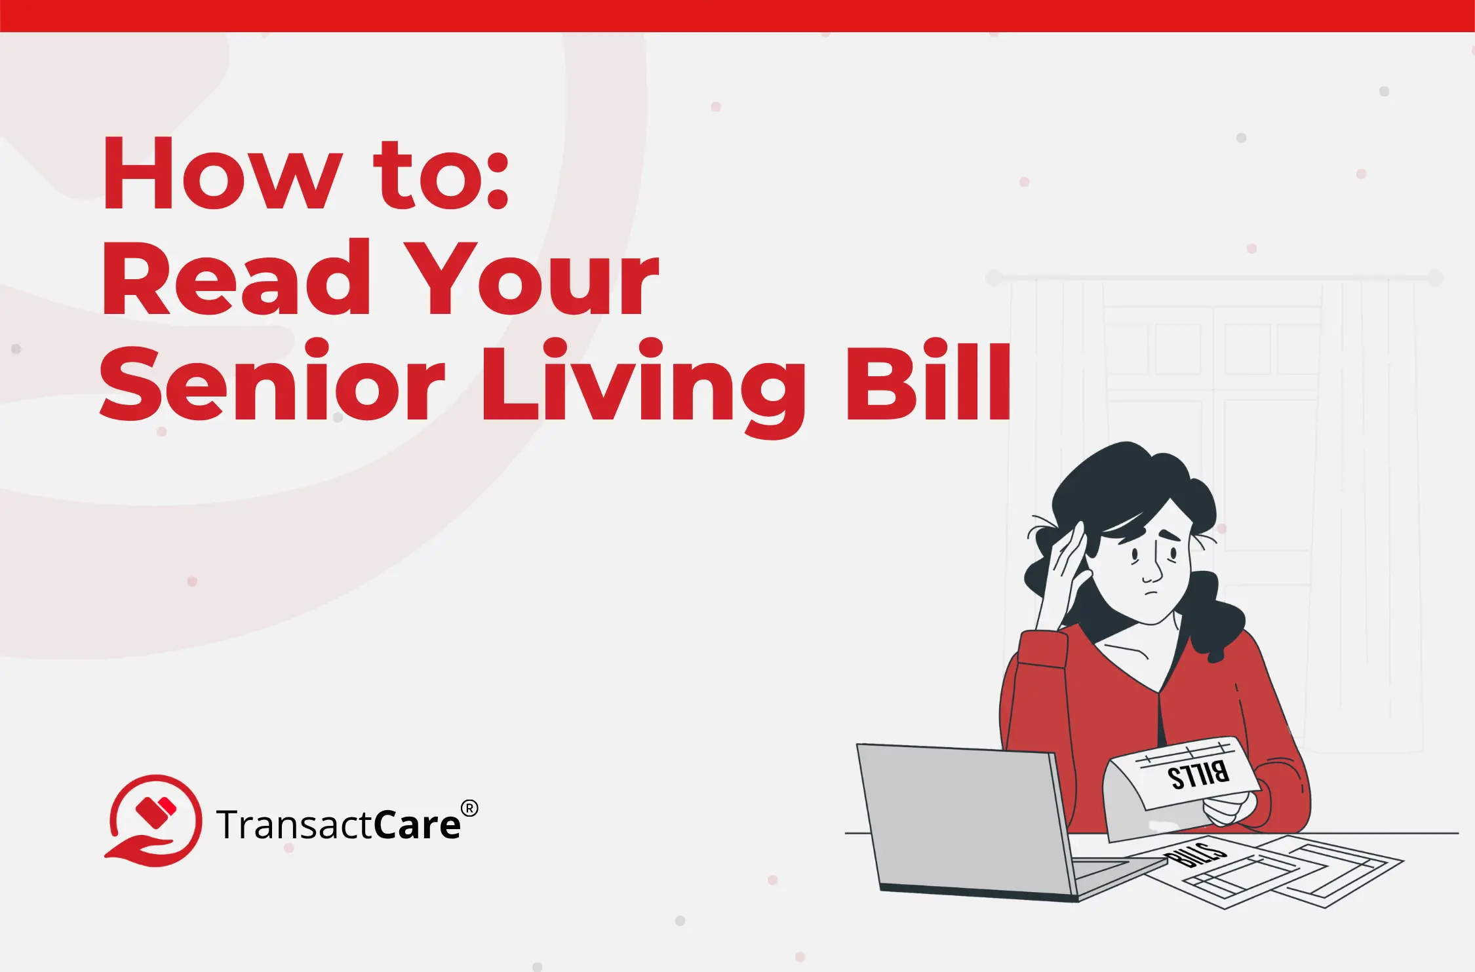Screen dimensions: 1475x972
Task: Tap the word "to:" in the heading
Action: pyautogui.click(x=441, y=175)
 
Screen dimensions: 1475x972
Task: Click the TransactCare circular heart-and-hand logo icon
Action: pyautogui.click(x=155, y=820)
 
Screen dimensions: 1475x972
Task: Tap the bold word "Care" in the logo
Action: pyautogui.click(x=418, y=825)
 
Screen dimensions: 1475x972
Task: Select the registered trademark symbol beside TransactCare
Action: pyautogui.click(x=469, y=808)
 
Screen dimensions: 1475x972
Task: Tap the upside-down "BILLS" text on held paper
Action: pyautogui.click(x=1198, y=775)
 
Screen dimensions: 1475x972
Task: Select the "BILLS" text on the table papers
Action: pyautogui.click(x=1195, y=855)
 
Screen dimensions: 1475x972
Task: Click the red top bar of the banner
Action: pyautogui.click(x=737, y=16)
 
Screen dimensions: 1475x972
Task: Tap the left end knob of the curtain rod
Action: pyautogui.click(x=994, y=278)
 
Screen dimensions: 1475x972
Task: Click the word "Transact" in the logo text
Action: pyautogui.click(x=296, y=825)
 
